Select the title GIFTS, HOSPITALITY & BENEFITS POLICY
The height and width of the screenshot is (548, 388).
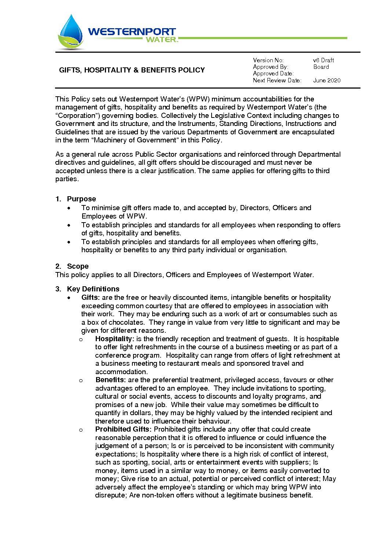132,70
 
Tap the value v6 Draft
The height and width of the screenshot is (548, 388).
323,60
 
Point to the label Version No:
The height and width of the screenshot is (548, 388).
268,60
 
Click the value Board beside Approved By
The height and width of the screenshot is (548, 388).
321,67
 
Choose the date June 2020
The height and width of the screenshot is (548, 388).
327,80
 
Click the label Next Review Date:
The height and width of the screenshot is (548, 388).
277,80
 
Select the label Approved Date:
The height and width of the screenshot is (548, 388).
273,74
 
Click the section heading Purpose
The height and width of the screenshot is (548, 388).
81,199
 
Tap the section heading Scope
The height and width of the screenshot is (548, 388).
78,266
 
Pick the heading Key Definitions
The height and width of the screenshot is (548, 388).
93,289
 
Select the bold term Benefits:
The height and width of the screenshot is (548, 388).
111,380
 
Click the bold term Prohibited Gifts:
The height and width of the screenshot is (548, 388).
123,429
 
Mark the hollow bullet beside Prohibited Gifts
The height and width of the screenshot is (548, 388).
81,430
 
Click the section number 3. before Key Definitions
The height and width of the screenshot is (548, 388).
58,289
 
